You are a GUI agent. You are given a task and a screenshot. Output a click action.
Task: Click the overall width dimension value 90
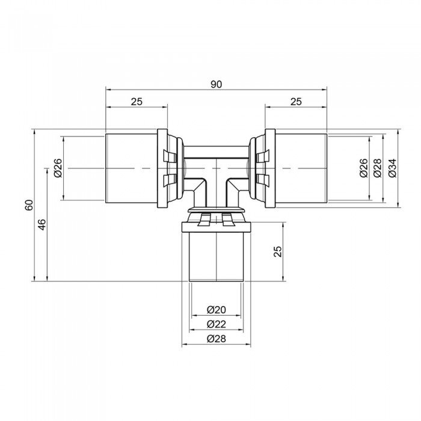[x=217, y=84]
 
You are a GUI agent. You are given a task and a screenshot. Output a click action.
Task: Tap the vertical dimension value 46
[x=41, y=225]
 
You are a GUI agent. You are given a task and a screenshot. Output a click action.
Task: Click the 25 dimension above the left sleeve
[x=137, y=102]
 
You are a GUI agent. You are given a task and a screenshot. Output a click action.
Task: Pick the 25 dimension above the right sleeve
[x=296, y=102]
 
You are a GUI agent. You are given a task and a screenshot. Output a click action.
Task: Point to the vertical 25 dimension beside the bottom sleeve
[x=278, y=251]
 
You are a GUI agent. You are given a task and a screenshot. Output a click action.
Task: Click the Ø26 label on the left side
[x=58, y=168]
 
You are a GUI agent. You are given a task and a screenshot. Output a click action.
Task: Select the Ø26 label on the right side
[x=363, y=168]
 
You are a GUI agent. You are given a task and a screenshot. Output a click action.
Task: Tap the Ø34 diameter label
[x=392, y=168]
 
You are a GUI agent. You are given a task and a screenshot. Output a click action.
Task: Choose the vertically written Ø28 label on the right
[x=378, y=168]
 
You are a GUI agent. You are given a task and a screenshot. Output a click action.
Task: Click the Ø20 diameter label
[x=216, y=310]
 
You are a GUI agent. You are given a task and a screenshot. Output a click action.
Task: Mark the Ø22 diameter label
[x=216, y=324]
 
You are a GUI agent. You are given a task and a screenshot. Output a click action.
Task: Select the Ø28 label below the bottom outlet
[x=216, y=339]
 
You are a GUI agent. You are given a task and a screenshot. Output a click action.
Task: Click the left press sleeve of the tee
[x=131, y=168]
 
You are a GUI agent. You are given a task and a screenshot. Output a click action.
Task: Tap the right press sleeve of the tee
[x=301, y=168]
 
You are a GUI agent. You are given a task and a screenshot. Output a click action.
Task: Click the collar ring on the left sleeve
[x=162, y=168]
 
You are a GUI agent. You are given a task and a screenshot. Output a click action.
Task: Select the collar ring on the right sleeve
[x=269, y=168]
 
